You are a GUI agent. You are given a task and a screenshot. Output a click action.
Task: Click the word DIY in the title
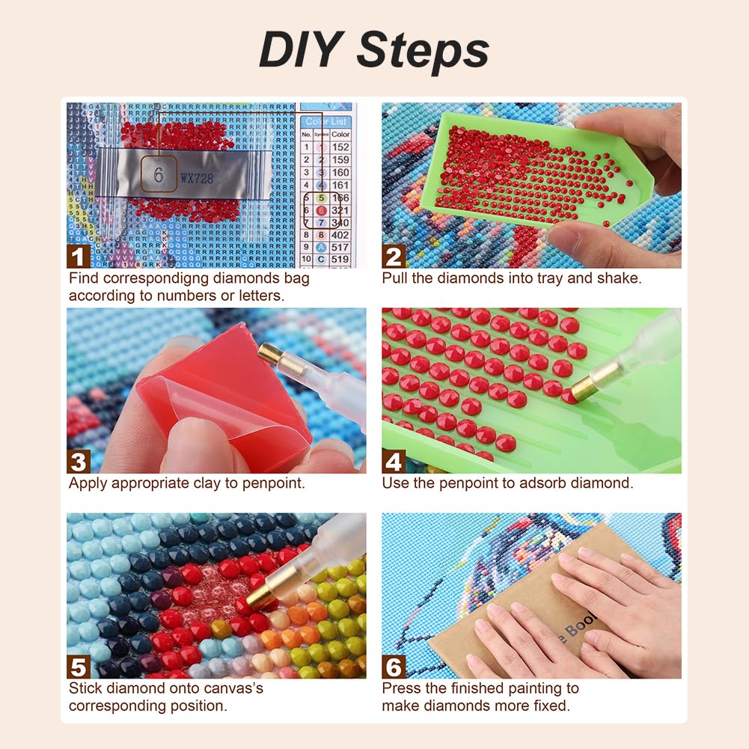click(301, 50)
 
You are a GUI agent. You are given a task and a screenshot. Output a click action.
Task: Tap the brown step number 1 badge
click(79, 257)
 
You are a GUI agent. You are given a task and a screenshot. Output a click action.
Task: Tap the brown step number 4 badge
click(394, 461)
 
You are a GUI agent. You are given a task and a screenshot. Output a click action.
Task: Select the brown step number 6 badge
click(394, 666)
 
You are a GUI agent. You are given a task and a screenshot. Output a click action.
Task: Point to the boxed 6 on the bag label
click(159, 176)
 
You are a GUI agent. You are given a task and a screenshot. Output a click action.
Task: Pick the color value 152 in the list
click(340, 147)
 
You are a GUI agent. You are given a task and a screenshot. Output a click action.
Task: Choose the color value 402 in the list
click(340, 234)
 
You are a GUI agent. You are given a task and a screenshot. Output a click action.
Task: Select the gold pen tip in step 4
click(586, 385)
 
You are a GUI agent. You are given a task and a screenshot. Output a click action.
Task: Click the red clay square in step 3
click(224, 404)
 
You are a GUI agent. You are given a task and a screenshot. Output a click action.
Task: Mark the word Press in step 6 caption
click(402, 688)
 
